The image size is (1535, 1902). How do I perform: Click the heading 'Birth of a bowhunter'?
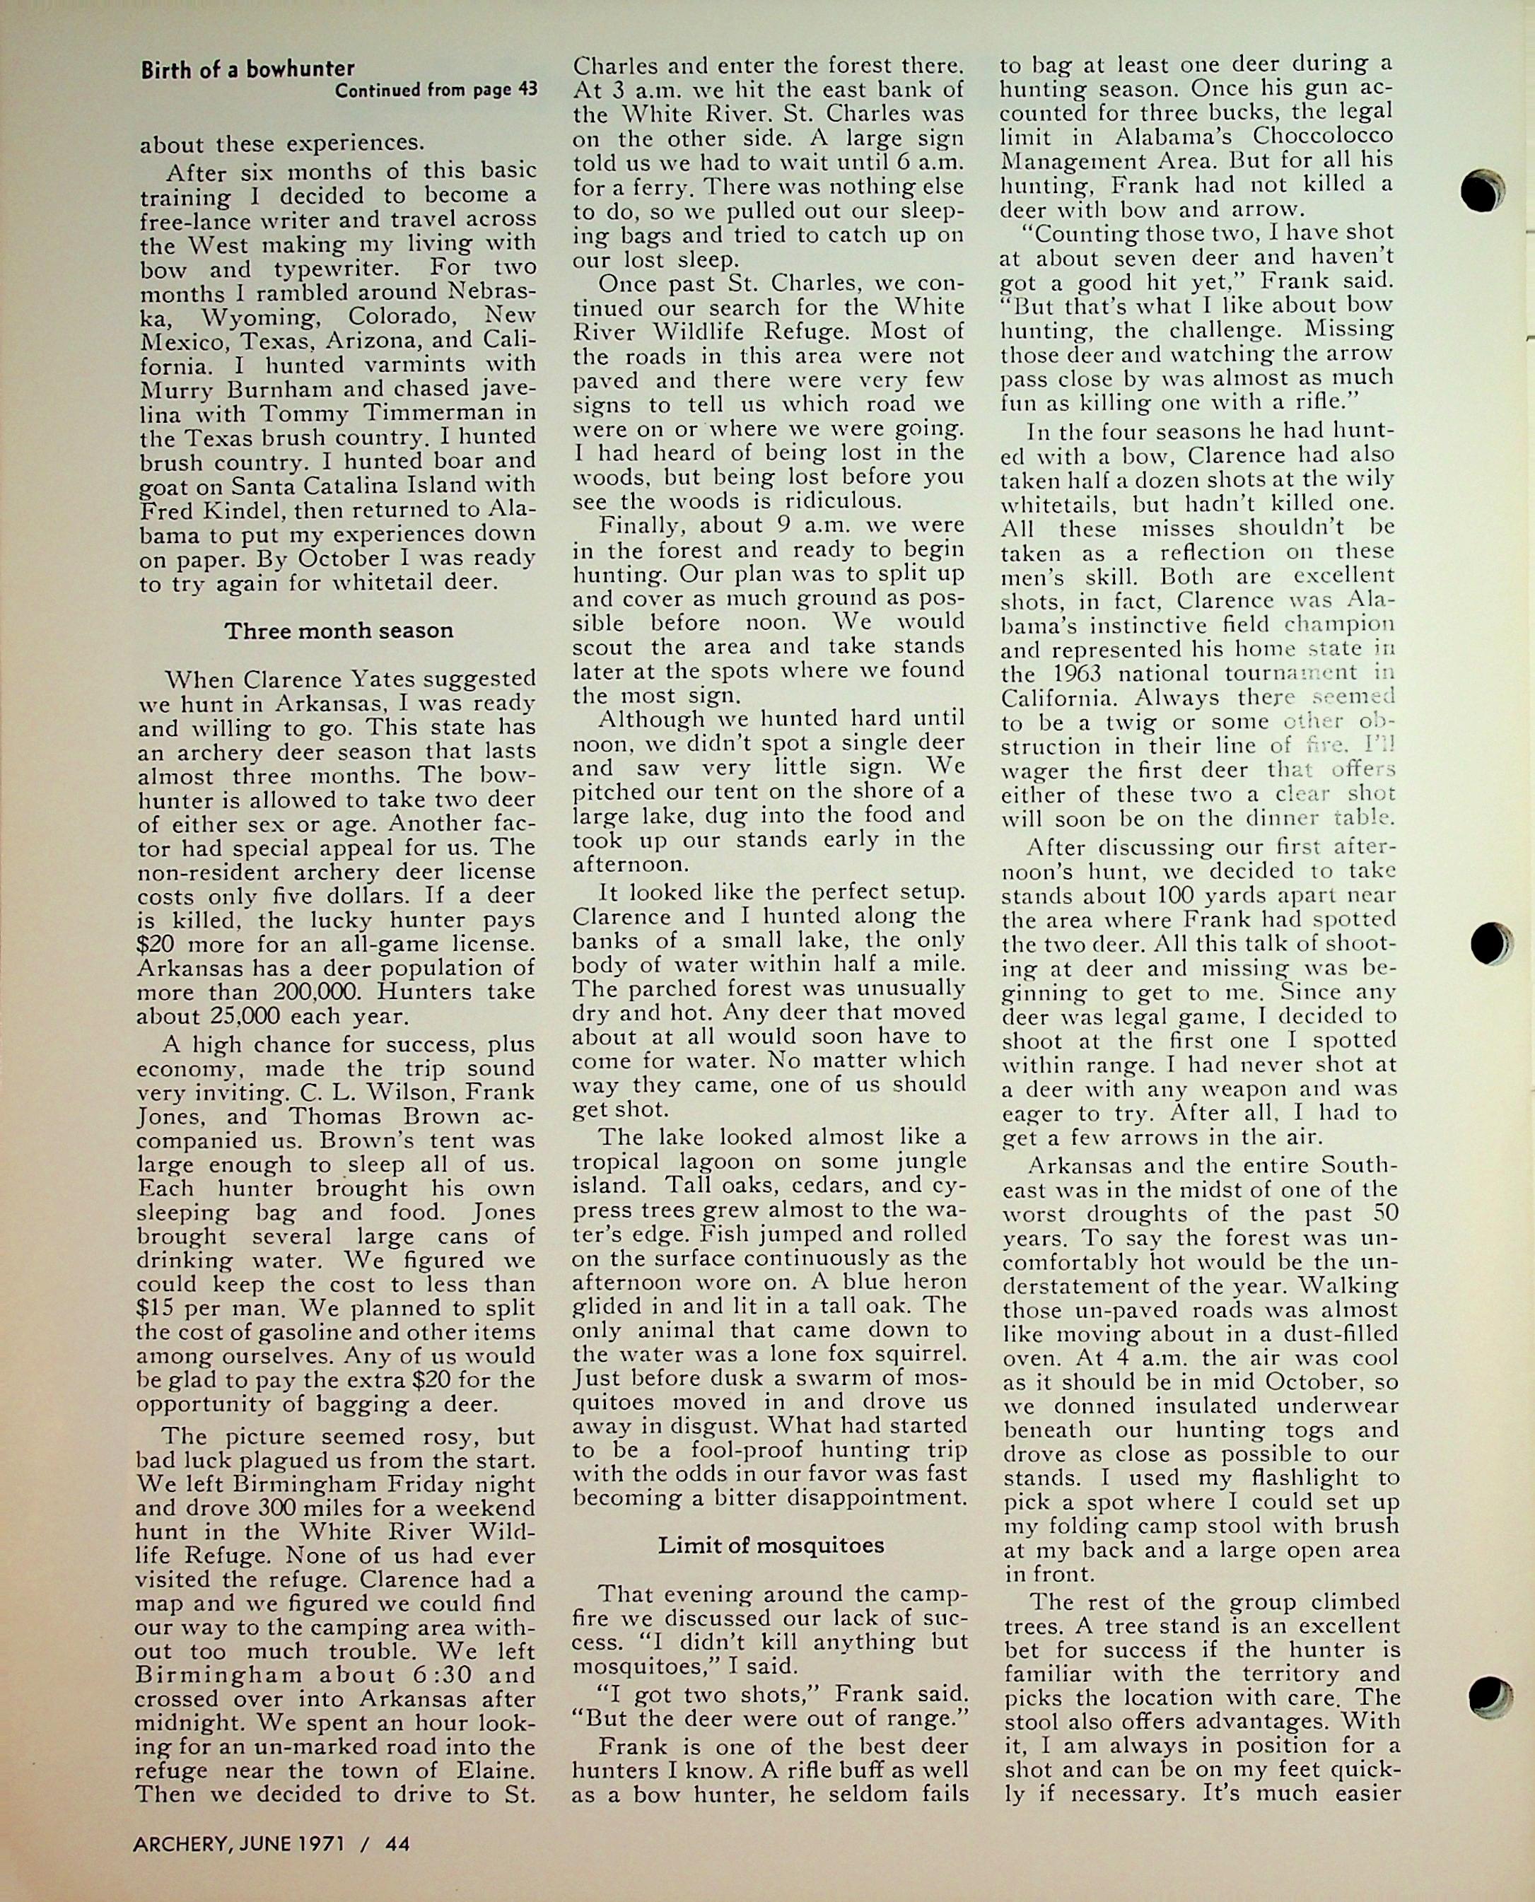[x=247, y=69]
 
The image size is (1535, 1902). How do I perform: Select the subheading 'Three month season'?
[x=339, y=631]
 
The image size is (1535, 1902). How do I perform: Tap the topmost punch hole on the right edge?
[x=1483, y=191]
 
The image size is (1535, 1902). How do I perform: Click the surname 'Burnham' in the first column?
[x=269, y=388]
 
